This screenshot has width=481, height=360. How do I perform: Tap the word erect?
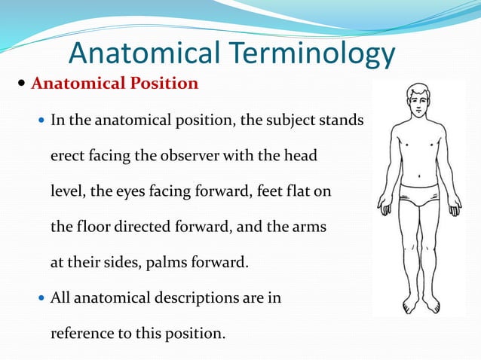tap(67, 156)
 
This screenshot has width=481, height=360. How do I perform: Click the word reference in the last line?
tap(81, 333)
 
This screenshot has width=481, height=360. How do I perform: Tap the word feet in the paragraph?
tap(272, 191)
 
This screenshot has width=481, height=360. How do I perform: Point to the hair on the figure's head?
tap(418, 88)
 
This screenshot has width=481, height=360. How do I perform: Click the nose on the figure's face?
tap(418, 105)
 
